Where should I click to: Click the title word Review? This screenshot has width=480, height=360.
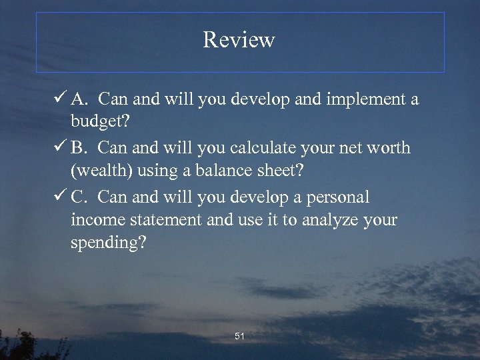(239, 40)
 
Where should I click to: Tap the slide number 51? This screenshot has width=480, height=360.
(240, 337)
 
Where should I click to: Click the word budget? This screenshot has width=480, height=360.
(99, 122)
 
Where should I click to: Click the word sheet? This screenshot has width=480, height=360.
(276, 171)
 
